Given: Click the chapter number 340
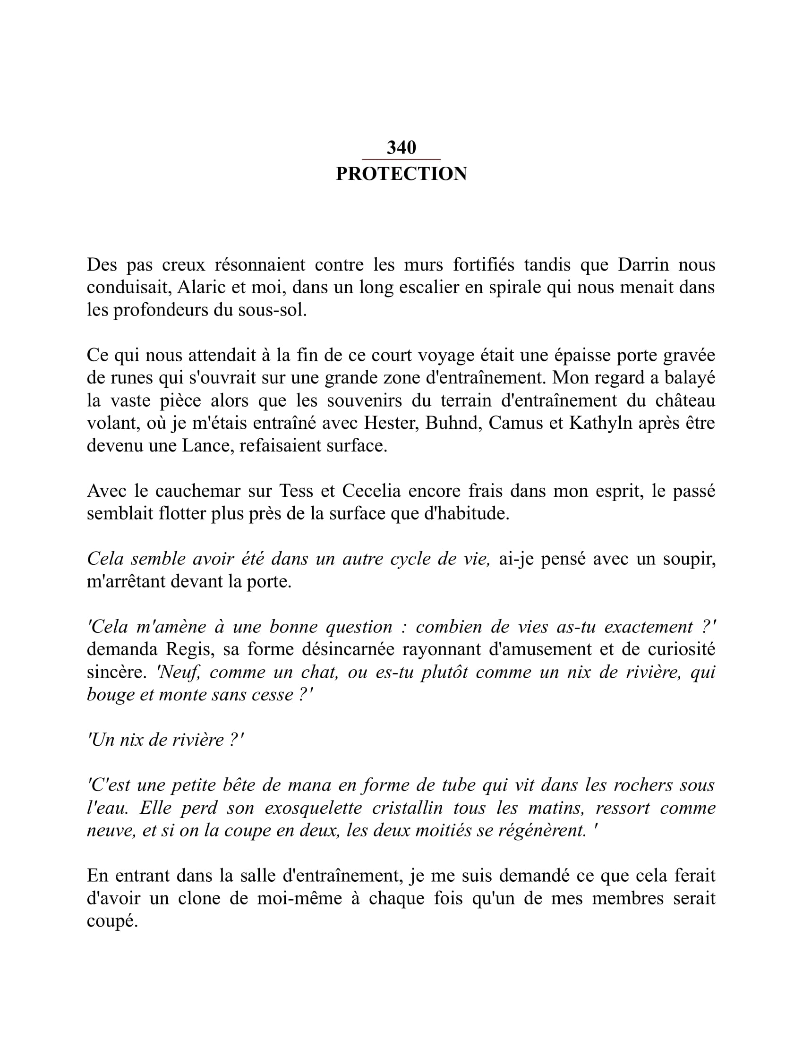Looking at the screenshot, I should [401, 147].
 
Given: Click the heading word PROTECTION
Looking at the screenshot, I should [401, 174].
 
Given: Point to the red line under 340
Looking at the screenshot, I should [401, 159].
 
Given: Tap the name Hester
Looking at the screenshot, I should [392, 423].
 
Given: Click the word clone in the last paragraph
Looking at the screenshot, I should [199, 899].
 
